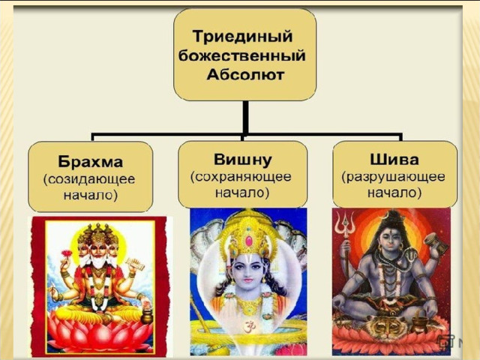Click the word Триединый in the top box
tap(242, 37)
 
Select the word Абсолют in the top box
tap(245, 75)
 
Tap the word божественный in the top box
tap(241, 55)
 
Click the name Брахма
tap(90, 162)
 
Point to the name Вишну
tap(243, 160)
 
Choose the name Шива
tap(394, 160)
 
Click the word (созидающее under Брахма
tap(89, 179)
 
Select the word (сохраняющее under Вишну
tap(241, 177)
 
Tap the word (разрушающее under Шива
tap(394, 177)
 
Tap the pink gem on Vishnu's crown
tap(249, 241)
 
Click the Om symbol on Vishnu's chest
tap(247, 327)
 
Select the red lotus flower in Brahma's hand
tap(67, 253)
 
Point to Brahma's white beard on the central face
tap(98, 262)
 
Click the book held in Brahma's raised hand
tap(136, 264)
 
